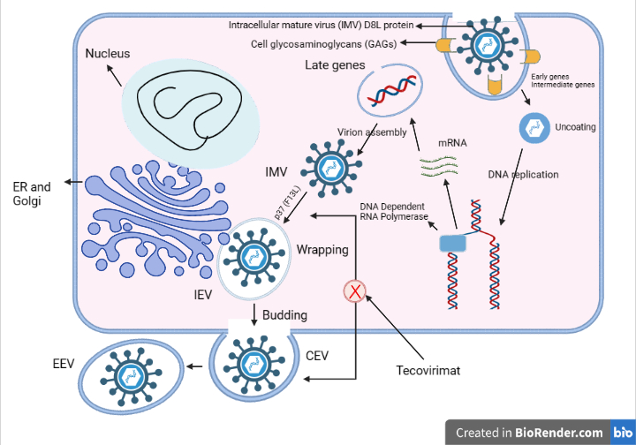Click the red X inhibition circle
point(355,290)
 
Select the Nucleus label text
point(108,54)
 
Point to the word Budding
point(285,315)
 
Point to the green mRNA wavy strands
point(440,162)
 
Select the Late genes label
point(335,65)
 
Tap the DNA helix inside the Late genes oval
point(390,93)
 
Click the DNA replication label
point(523,174)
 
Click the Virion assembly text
point(372,133)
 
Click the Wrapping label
point(322,250)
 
